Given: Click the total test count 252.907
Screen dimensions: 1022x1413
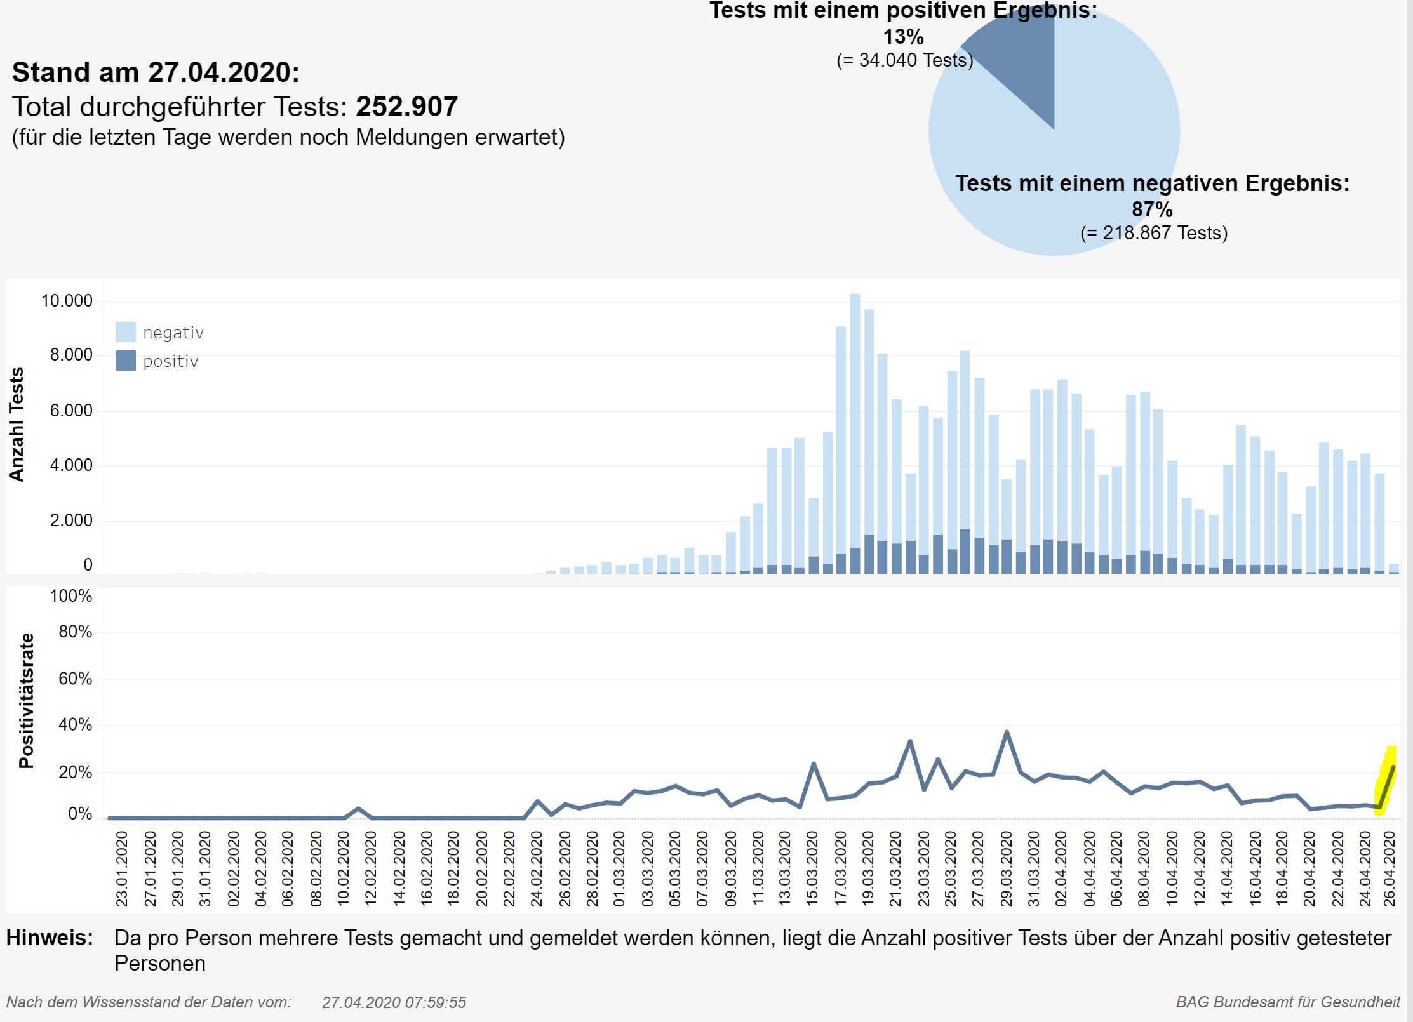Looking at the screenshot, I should [406, 107].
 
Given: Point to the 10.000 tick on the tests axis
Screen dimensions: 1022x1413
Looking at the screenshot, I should [67, 301].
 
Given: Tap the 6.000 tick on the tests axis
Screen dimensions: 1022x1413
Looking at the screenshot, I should [70, 411].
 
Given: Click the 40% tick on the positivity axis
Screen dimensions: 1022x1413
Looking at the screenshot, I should [75, 725].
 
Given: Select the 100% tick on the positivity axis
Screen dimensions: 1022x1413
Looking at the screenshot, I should [71, 596].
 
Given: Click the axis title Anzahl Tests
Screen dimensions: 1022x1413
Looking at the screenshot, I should [17, 424].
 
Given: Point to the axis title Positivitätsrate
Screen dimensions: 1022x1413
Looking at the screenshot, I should [26, 701].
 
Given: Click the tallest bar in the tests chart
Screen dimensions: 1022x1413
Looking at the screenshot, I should [855, 432].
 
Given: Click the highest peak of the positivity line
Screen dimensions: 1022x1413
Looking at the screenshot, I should [1007, 732].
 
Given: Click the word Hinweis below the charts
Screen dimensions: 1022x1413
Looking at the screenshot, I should [50, 938].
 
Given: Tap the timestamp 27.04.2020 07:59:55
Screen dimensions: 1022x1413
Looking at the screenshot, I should [394, 1002].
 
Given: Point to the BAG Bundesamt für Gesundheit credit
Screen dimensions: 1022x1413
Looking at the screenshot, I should [1287, 1002].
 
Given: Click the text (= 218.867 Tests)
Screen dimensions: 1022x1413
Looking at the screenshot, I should [1154, 233].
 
